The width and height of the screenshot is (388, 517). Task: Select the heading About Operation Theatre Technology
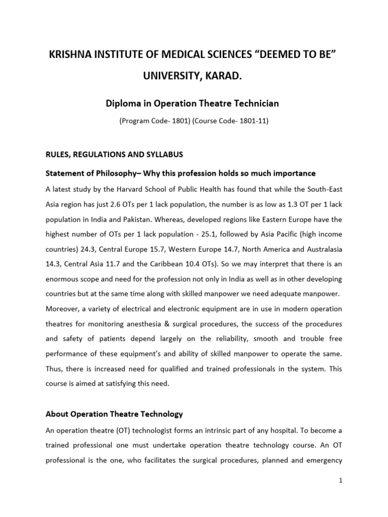114,414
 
